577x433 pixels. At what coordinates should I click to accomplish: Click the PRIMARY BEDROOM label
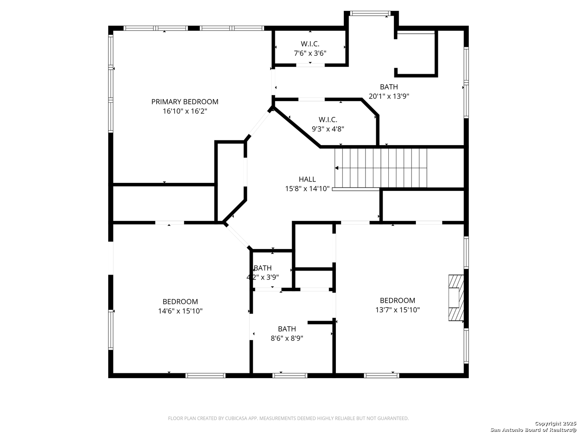point(185,102)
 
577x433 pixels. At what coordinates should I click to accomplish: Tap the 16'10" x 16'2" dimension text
point(185,111)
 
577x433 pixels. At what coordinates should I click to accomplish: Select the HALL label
point(307,179)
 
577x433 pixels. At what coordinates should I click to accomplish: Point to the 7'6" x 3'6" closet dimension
point(310,53)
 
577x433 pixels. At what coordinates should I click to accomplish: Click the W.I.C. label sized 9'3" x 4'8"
point(328,119)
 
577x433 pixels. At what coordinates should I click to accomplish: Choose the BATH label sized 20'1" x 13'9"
point(389,87)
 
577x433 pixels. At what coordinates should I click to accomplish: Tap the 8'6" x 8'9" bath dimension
point(287,338)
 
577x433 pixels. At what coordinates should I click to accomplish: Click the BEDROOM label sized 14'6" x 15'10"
point(180,301)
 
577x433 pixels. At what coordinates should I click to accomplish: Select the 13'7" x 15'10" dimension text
point(397,310)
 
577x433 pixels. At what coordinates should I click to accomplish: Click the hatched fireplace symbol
point(456,298)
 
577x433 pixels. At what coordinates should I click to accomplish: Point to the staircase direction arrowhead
point(337,168)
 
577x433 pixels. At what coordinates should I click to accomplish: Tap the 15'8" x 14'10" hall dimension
point(307,189)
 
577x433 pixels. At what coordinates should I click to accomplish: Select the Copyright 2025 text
point(555,423)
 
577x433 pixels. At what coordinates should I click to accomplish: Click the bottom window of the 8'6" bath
point(290,376)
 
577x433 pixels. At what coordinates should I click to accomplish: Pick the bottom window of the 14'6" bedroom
point(205,376)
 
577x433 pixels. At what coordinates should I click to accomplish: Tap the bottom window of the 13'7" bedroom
point(381,376)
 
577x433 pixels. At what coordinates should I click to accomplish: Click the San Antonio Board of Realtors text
point(533,430)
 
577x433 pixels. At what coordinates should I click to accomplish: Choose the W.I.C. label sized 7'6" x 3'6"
point(310,44)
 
